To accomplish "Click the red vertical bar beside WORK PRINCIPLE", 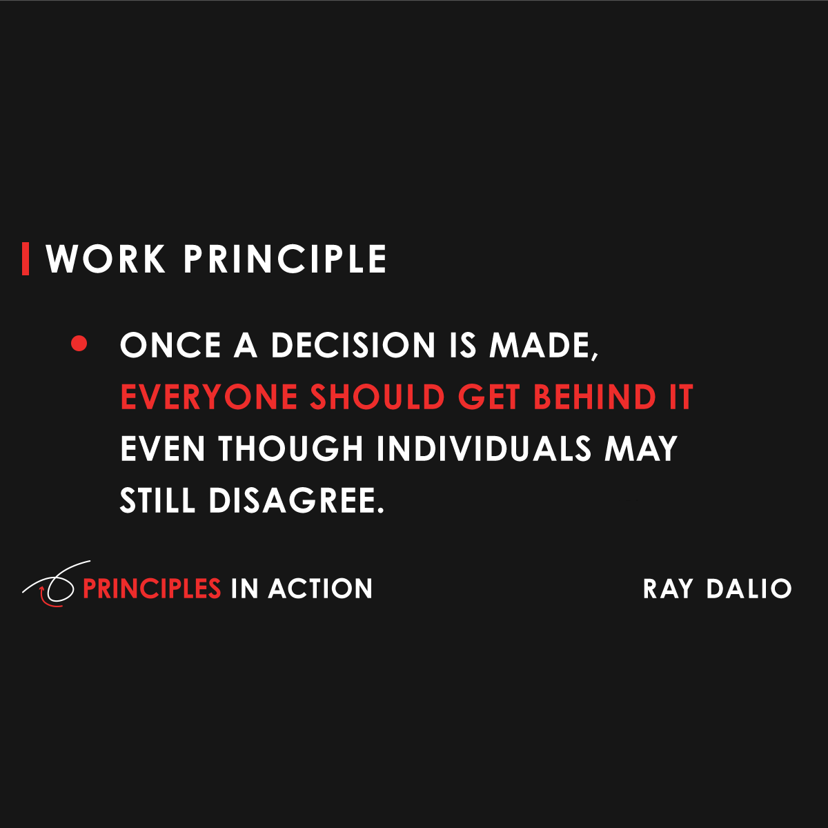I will pyautogui.click(x=26, y=259).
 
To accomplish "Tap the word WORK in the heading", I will pyautogui.click(x=106, y=259).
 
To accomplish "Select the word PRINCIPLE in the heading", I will pyautogui.click(x=284, y=259).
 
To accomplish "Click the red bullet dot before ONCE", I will pyautogui.click(x=79, y=344).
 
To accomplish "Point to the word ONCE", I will pyautogui.click(x=170, y=346).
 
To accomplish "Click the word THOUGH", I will pyautogui.click(x=291, y=449).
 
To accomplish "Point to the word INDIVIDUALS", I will pyautogui.click(x=484, y=449).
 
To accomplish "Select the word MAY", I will pyautogui.click(x=641, y=449).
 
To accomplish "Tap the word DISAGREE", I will pyautogui.click(x=295, y=501).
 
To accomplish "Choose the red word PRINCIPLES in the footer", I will pyautogui.click(x=152, y=589).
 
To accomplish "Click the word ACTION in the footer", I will pyautogui.click(x=321, y=589).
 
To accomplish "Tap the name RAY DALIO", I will pyautogui.click(x=718, y=589).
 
